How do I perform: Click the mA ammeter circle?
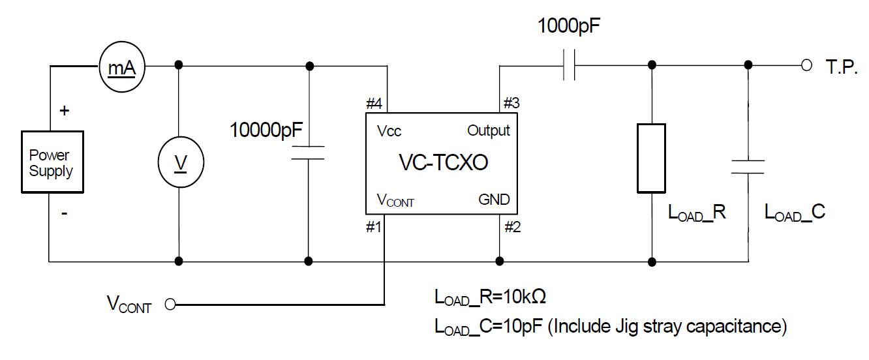click(x=121, y=65)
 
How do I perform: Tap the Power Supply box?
click(x=52, y=162)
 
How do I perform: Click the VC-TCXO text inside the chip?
click(x=443, y=162)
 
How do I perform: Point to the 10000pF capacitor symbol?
click(x=307, y=153)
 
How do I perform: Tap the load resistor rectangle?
click(x=651, y=158)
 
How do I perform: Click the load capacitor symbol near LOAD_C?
click(x=747, y=165)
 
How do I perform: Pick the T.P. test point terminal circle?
click(x=806, y=65)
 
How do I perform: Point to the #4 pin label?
click(x=374, y=103)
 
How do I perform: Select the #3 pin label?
click(x=512, y=103)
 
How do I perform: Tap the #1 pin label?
click(x=374, y=227)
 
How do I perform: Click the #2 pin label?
click(x=512, y=227)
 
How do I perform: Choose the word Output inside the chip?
click(x=489, y=130)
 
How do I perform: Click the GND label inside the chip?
click(x=494, y=200)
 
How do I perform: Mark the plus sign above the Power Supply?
click(x=65, y=110)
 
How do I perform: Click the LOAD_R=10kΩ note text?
click(x=490, y=297)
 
